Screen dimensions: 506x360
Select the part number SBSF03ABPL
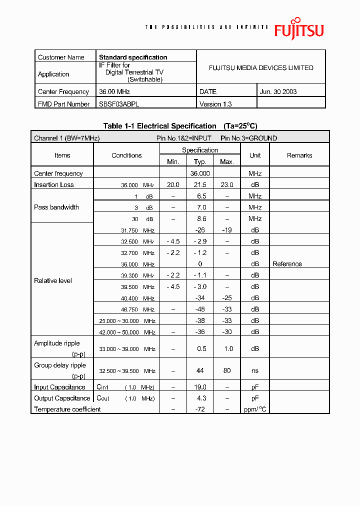tap(119, 104)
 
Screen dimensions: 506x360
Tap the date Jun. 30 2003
tap(278, 91)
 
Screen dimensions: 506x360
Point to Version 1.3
tap(215, 104)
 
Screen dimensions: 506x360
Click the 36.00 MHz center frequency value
tap(114, 91)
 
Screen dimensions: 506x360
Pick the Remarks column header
tap(299, 155)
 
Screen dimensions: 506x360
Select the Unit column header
tap(255, 155)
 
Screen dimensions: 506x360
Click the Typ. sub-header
tap(200, 161)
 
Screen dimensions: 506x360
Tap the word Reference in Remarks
tap(287, 264)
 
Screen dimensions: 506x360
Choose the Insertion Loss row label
tap(54, 184)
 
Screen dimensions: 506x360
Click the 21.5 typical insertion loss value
tap(200, 184)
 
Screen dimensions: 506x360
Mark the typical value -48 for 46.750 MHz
tap(200, 309)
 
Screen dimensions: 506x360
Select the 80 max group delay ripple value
tap(227, 371)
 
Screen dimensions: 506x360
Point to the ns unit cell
tap(255, 371)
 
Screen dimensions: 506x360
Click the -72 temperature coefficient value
tap(200, 409)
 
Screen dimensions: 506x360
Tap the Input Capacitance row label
tap(59, 387)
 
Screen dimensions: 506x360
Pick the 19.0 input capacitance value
tap(200, 387)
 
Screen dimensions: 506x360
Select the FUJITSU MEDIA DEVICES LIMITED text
tap(261, 68)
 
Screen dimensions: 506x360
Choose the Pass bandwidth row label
tap(56, 207)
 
